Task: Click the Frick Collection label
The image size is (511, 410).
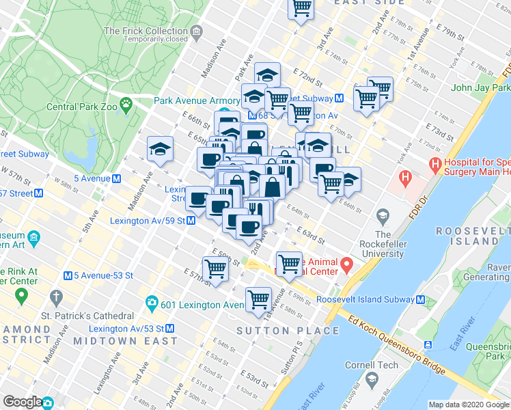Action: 145,31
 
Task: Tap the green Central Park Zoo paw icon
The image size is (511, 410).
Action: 126,104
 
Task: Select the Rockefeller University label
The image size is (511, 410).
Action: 383,244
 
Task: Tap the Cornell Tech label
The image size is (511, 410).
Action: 371,365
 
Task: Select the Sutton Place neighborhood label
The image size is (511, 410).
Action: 287,331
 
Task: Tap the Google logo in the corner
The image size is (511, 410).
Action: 22,402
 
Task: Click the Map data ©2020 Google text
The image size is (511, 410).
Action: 469,405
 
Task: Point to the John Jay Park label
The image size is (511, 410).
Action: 480,87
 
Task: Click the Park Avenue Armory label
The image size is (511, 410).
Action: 196,100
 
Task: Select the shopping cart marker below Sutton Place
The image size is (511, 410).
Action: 258,299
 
